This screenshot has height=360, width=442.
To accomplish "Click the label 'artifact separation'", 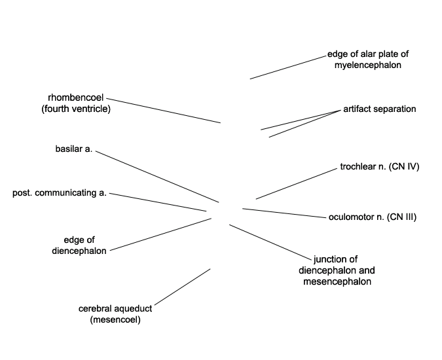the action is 379,109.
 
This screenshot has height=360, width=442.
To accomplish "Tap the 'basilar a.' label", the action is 74,149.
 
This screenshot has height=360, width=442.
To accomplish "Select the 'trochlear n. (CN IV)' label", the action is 380,167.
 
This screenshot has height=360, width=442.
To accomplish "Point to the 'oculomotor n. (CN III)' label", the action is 373,217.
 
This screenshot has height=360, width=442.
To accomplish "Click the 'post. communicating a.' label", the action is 60,193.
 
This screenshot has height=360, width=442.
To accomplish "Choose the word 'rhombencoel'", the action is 76,98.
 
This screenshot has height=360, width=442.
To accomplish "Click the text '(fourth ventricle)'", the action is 76,109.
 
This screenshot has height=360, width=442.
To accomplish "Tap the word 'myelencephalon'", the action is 368,65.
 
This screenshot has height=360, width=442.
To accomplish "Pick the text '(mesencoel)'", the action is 115,319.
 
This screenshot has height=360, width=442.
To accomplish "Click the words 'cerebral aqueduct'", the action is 115,309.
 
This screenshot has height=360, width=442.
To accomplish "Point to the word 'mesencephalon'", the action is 337,281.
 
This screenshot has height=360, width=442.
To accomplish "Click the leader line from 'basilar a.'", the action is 157,177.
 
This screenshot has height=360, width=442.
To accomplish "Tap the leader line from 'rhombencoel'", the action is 164,111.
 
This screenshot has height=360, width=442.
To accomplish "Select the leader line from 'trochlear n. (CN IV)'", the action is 297,184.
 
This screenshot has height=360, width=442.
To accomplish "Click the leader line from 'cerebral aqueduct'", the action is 183,287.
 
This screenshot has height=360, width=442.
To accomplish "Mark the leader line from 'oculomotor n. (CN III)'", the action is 284,213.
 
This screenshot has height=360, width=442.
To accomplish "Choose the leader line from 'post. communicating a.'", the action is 158,202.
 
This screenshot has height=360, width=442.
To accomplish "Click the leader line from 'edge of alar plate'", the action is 288,67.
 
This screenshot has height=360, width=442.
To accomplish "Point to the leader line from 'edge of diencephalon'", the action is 160,234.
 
